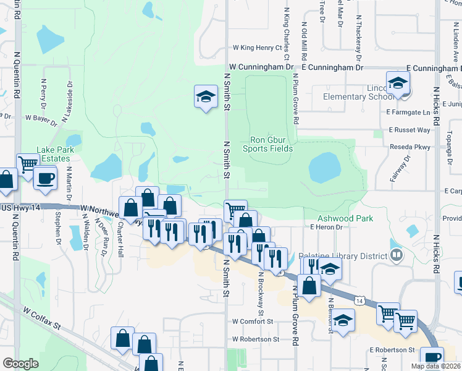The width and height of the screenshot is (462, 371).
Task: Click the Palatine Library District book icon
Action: pyautogui.click(x=397, y=255)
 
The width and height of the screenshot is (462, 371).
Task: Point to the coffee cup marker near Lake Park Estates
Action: pyautogui.click(x=46, y=178)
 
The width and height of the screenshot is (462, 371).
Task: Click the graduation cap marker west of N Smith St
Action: pyautogui.click(x=206, y=96)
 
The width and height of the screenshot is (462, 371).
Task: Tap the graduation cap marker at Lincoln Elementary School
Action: pyautogui.click(x=398, y=83)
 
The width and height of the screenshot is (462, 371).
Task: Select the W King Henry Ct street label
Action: pyautogui.click(x=257, y=47)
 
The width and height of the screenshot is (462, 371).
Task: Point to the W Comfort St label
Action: pyautogui.click(x=252, y=322)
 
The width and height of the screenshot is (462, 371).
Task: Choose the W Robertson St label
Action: pyautogui.click(x=256, y=339)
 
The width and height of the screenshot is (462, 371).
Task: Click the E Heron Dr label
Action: pyautogui.click(x=327, y=228)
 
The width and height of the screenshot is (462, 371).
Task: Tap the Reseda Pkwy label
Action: pyautogui.click(x=410, y=147)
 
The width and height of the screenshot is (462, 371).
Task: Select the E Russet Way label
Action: pyautogui.click(x=409, y=130)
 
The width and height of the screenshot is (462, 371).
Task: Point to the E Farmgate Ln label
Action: pyautogui.click(x=408, y=113)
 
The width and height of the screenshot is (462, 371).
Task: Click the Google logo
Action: pyautogui.click(x=20, y=364)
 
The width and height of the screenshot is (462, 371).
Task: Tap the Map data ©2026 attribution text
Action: pyautogui.click(x=435, y=366)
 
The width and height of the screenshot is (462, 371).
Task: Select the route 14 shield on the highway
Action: pyautogui.click(x=359, y=300)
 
